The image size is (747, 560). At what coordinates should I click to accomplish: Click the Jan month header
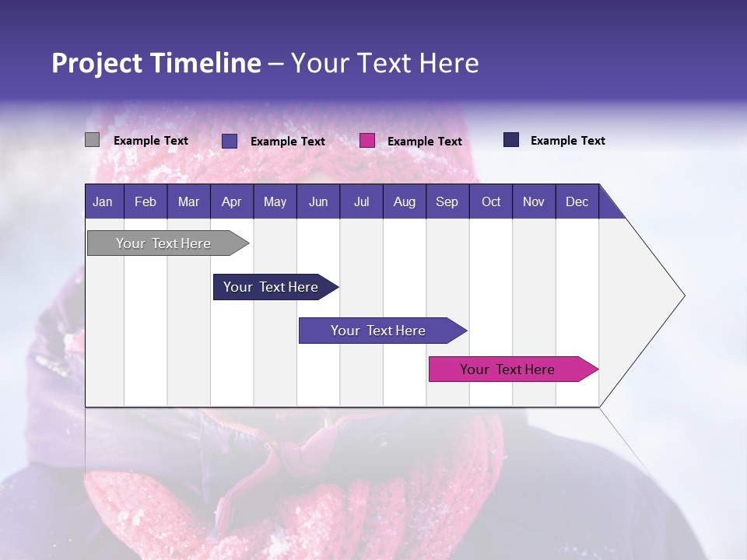click(103, 201)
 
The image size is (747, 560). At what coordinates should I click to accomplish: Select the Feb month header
click(146, 201)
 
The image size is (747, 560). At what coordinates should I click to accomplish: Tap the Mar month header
click(188, 201)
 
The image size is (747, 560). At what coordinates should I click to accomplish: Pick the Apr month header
click(232, 201)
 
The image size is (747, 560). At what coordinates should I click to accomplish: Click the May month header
click(275, 201)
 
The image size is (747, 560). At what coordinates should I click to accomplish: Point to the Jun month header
click(318, 201)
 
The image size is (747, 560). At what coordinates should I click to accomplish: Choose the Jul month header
click(361, 201)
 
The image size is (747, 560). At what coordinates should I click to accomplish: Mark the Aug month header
click(405, 201)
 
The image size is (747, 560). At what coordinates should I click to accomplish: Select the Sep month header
click(447, 201)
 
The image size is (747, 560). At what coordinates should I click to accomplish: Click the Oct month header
click(491, 201)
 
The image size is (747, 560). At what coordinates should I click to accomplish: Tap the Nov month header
click(534, 201)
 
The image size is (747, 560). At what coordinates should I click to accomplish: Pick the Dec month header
click(577, 201)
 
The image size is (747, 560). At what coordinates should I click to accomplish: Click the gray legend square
click(92, 140)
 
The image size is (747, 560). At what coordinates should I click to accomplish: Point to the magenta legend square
click(367, 141)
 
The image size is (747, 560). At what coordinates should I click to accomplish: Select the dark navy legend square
click(511, 140)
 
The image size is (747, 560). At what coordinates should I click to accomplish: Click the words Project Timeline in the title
click(156, 63)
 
